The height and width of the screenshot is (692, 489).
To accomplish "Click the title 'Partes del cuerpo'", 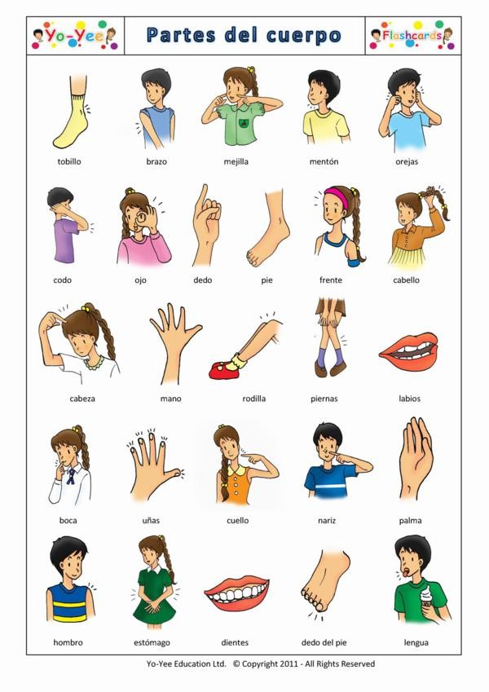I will click(x=244, y=35).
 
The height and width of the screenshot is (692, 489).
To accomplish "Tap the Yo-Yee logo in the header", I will click(x=74, y=36).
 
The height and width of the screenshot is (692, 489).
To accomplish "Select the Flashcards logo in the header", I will click(x=412, y=35).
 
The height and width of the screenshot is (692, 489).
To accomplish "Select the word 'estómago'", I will click(x=152, y=642).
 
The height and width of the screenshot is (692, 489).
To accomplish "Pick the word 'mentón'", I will click(x=324, y=161).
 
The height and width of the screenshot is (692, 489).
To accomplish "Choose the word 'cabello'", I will click(x=405, y=280).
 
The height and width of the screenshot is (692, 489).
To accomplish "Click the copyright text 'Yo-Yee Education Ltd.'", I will click(x=183, y=664).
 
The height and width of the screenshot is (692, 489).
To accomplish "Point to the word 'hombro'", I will click(x=68, y=642).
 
